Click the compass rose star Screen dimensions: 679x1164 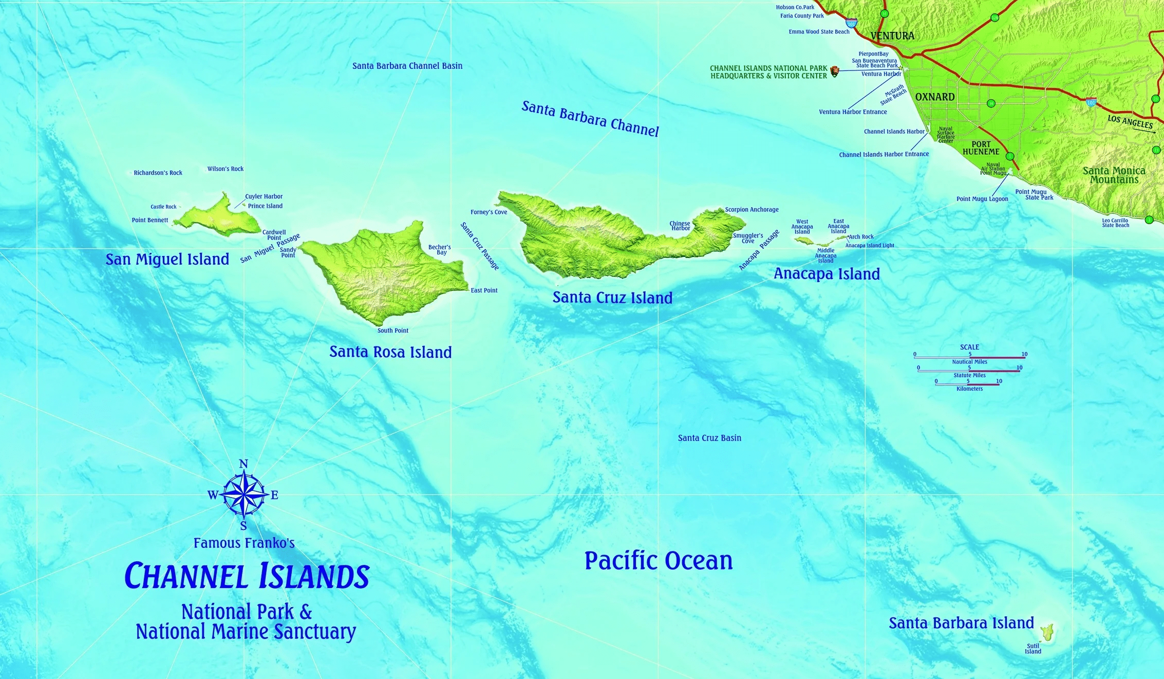[x=244, y=495]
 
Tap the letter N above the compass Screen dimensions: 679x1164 [x=243, y=464]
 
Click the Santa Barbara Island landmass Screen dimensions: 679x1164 [x=1046, y=632]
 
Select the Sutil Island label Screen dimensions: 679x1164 [x=1033, y=649]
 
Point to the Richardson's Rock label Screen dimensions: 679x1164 [x=158, y=173]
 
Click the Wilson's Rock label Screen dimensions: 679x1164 [x=226, y=169]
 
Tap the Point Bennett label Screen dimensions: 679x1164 [x=149, y=220]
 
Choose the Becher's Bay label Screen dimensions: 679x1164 [x=440, y=249]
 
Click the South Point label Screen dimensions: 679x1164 [x=393, y=331]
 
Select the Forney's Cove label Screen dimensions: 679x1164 [x=489, y=212]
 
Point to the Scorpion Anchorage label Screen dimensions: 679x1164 [x=752, y=209]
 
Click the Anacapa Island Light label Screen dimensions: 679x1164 [x=870, y=246]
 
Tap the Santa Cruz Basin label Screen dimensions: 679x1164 [x=709, y=438]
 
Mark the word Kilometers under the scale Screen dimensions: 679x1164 [x=969, y=389]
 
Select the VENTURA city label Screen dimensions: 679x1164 [x=892, y=36]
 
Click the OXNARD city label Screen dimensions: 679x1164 [x=935, y=97]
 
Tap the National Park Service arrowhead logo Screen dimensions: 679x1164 [x=835, y=71]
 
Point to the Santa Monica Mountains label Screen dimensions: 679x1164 [x=1114, y=175]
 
